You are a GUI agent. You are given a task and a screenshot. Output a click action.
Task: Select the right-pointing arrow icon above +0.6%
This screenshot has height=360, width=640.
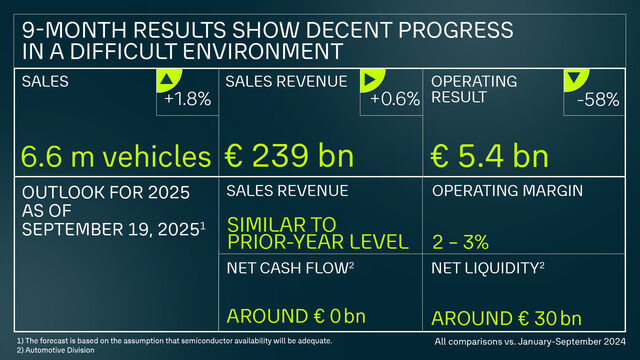(373, 78)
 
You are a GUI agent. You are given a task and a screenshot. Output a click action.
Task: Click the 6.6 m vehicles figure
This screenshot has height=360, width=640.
(115, 157)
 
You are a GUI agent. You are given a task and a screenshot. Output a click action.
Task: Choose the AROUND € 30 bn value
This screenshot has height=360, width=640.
(506, 319)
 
